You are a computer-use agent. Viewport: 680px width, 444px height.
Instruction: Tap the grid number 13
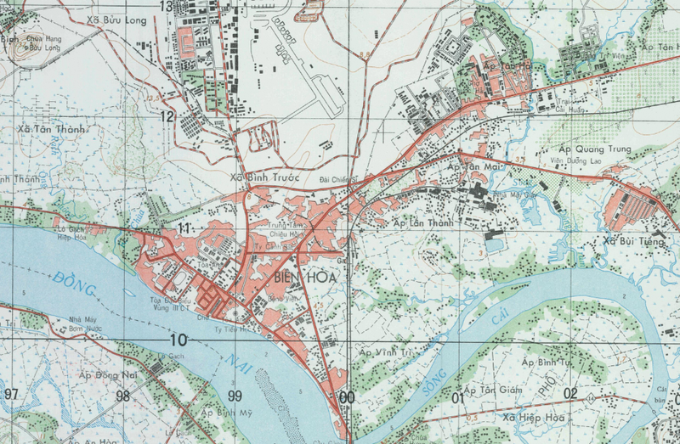pos(167,7)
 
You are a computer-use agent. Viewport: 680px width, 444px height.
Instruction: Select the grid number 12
pos(167,116)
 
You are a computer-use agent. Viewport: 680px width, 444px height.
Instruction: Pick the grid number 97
pos(10,396)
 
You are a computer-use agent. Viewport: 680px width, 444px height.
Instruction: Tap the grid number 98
pos(123,396)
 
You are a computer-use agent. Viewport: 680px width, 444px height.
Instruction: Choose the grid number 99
pos(235,396)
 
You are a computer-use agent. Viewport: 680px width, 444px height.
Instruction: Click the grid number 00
pos(347,396)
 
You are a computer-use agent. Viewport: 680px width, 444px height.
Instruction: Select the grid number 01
pos(459,396)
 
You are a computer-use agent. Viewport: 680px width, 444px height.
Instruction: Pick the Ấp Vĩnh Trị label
pos(385,351)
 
